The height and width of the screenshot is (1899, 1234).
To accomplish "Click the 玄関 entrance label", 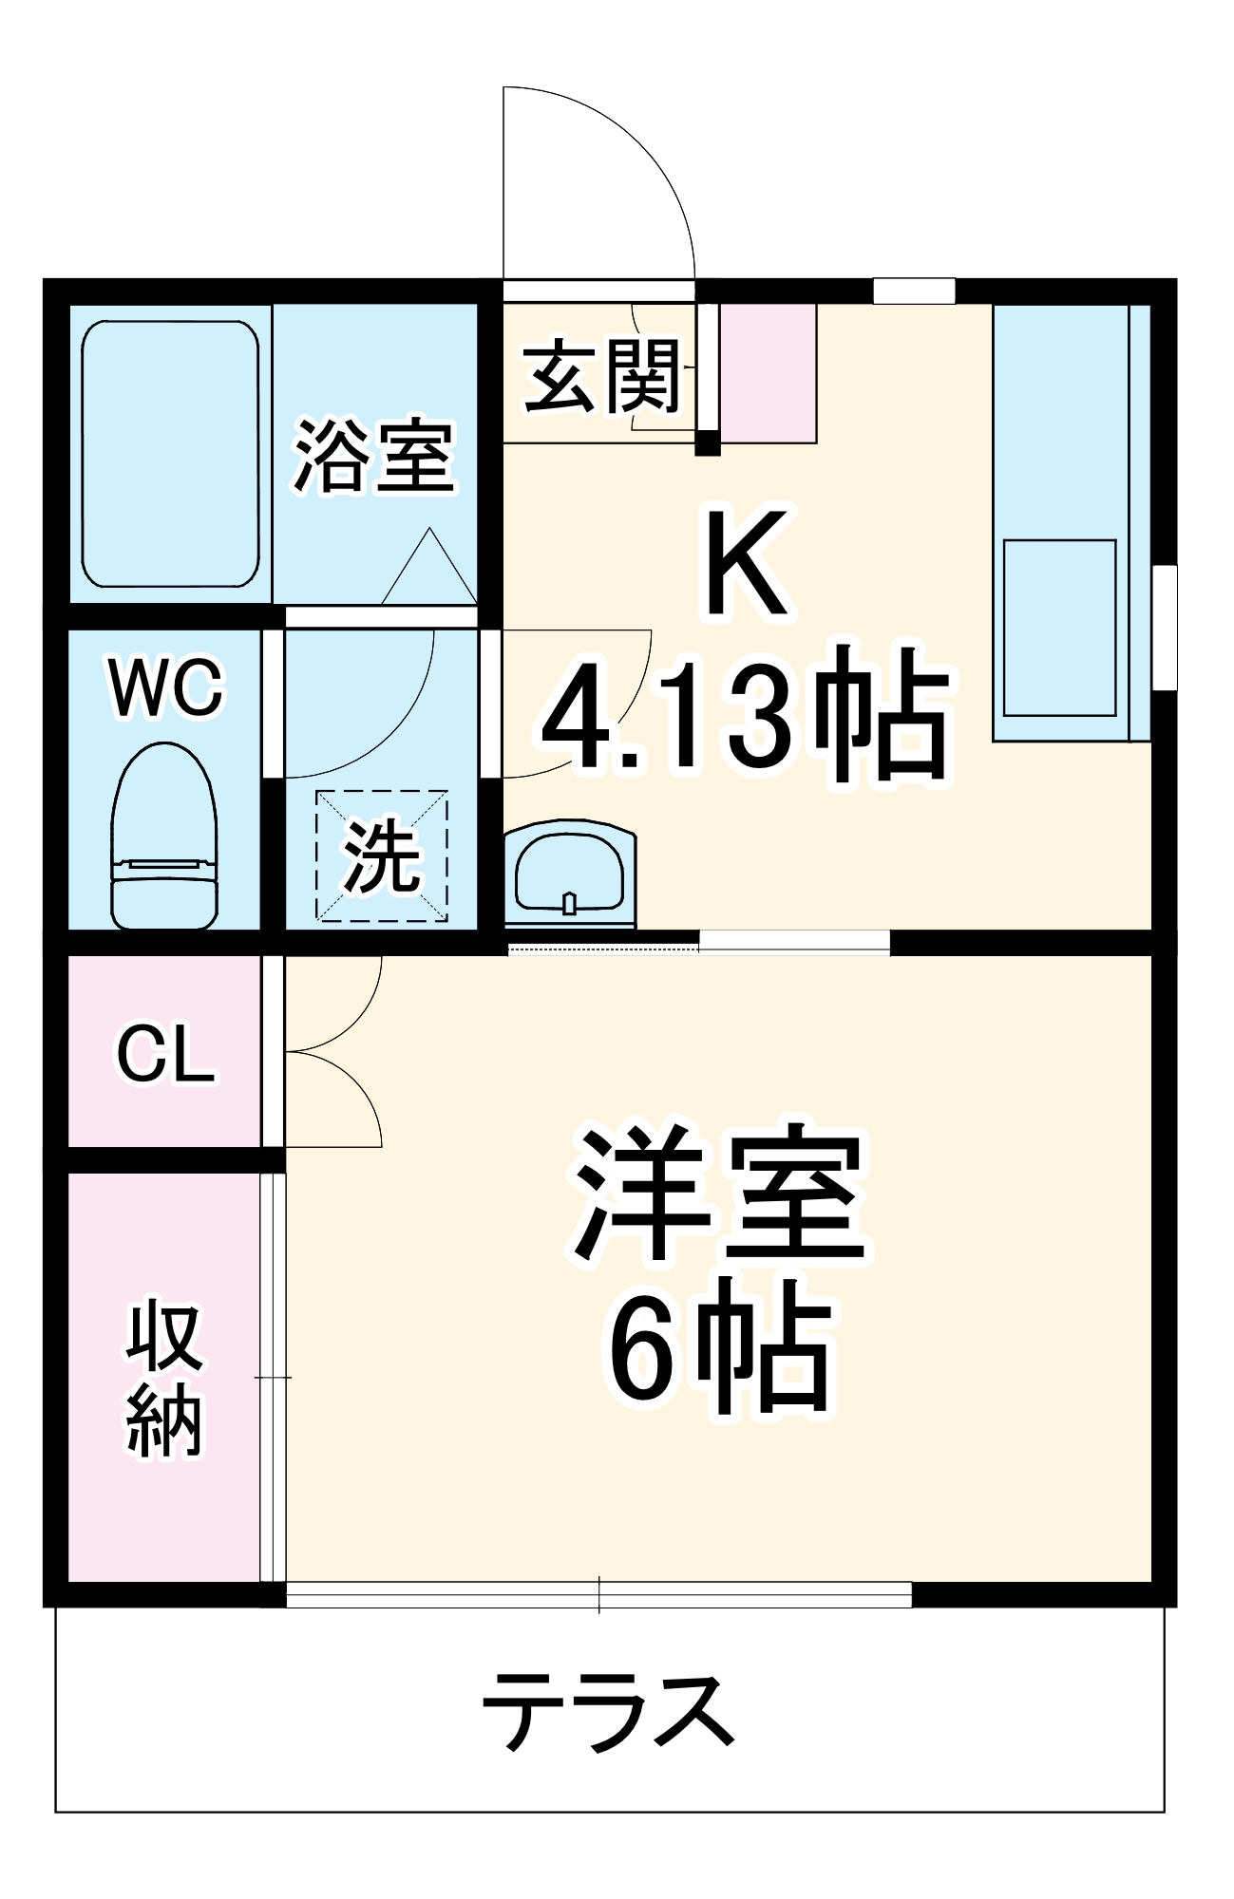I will tap(602, 377).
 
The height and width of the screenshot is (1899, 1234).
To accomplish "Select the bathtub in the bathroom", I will tap(170, 454).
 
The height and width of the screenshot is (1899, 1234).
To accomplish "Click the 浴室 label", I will tap(373, 457).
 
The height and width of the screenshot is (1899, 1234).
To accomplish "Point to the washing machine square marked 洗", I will tap(382, 855).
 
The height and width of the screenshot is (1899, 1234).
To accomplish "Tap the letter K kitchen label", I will tap(746, 562).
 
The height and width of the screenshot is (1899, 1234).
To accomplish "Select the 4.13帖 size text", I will tap(746, 714).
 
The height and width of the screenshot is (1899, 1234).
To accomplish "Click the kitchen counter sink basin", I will tap(1059, 628).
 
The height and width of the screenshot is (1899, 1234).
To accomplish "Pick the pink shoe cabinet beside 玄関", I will tap(769, 372).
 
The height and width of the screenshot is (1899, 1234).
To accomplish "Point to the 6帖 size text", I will tap(719, 1346).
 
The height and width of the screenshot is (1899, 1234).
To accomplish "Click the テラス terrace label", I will tap(609, 1712).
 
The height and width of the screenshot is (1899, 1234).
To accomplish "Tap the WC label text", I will tap(166, 687).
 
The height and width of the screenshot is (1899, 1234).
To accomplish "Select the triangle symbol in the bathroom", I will tap(429, 570).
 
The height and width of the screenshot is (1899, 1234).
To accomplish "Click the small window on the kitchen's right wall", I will tap(1165, 628).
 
